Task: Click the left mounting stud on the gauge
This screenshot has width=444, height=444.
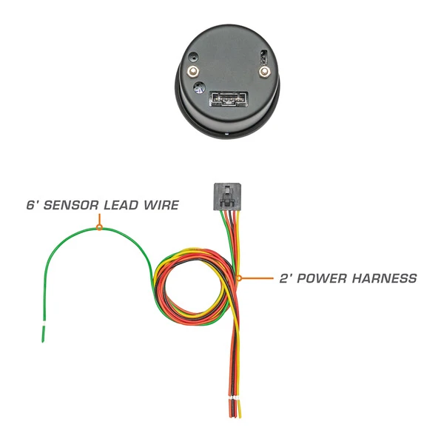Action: [x=193, y=71]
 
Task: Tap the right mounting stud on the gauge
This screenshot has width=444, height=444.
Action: [x=264, y=71]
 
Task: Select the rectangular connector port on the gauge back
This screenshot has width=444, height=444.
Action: [x=229, y=99]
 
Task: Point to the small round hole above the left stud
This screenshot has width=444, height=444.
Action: [x=193, y=57]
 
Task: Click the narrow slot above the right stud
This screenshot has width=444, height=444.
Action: [x=264, y=57]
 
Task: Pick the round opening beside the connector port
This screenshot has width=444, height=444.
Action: [x=200, y=88]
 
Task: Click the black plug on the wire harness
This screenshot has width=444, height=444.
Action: [x=227, y=197]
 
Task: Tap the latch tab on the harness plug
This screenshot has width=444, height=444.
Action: [x=227, y=196]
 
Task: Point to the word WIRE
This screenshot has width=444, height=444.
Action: [x=161, y=205]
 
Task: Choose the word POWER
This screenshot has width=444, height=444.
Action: [x=321, y=278]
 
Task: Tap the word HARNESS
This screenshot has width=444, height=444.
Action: [x=385, y=278]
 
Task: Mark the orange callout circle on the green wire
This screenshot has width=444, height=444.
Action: [x=99, y=227]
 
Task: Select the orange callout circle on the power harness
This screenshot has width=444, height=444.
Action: [x=239, y=278]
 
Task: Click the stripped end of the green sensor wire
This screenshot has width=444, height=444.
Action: [x=44, y=334]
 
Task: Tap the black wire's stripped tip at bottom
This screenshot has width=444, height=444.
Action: [x=233, y=408]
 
